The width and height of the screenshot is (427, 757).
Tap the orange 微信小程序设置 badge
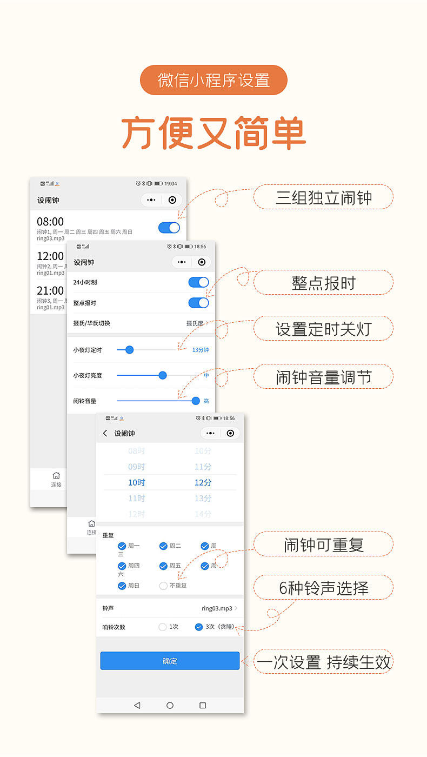[x=213, y=80]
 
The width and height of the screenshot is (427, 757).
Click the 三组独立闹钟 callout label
[x=323, y=197]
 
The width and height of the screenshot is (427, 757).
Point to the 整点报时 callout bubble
[x=323, y=282]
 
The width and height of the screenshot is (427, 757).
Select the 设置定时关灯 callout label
[x=323, y=328]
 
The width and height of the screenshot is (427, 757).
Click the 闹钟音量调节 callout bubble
[x=323, y=376]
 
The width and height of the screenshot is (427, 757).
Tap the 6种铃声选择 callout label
[x=323, y=587]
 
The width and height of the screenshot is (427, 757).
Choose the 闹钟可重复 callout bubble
[x=323, y=544]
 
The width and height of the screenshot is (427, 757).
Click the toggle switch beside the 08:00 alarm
[x=169, y=228]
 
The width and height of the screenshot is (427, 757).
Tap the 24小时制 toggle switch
[x=198, y=282]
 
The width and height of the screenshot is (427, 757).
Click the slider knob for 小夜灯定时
[x=129, y=350]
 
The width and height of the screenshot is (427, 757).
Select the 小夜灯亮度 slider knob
[x=163, y=375]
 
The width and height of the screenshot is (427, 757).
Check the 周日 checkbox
[x=122, y=586]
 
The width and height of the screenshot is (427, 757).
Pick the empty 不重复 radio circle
[x=163, y=586]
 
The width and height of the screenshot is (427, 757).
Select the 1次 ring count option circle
[x=163, y=627]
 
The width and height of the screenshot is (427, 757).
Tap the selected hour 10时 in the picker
[x=137, y=482]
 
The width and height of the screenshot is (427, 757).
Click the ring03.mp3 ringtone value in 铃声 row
[x=217, y=608]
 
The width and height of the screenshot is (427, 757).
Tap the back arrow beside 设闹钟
[x=105, y=433]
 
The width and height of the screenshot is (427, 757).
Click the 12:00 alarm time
[x=50, y=256]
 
